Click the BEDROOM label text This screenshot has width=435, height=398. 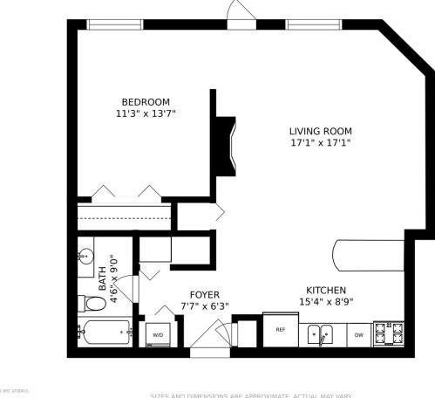coord(139,100)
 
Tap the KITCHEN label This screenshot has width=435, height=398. coord(326,291)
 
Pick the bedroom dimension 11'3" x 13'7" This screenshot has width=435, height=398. coord(139,113)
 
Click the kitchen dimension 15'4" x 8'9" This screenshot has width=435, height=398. coord(326,303)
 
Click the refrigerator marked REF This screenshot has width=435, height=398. coord(281,330)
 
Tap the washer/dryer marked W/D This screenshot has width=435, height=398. coord(159,333)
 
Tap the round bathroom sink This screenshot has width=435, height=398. coord(86,257)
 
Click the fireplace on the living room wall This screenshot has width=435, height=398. coord(225,147)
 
